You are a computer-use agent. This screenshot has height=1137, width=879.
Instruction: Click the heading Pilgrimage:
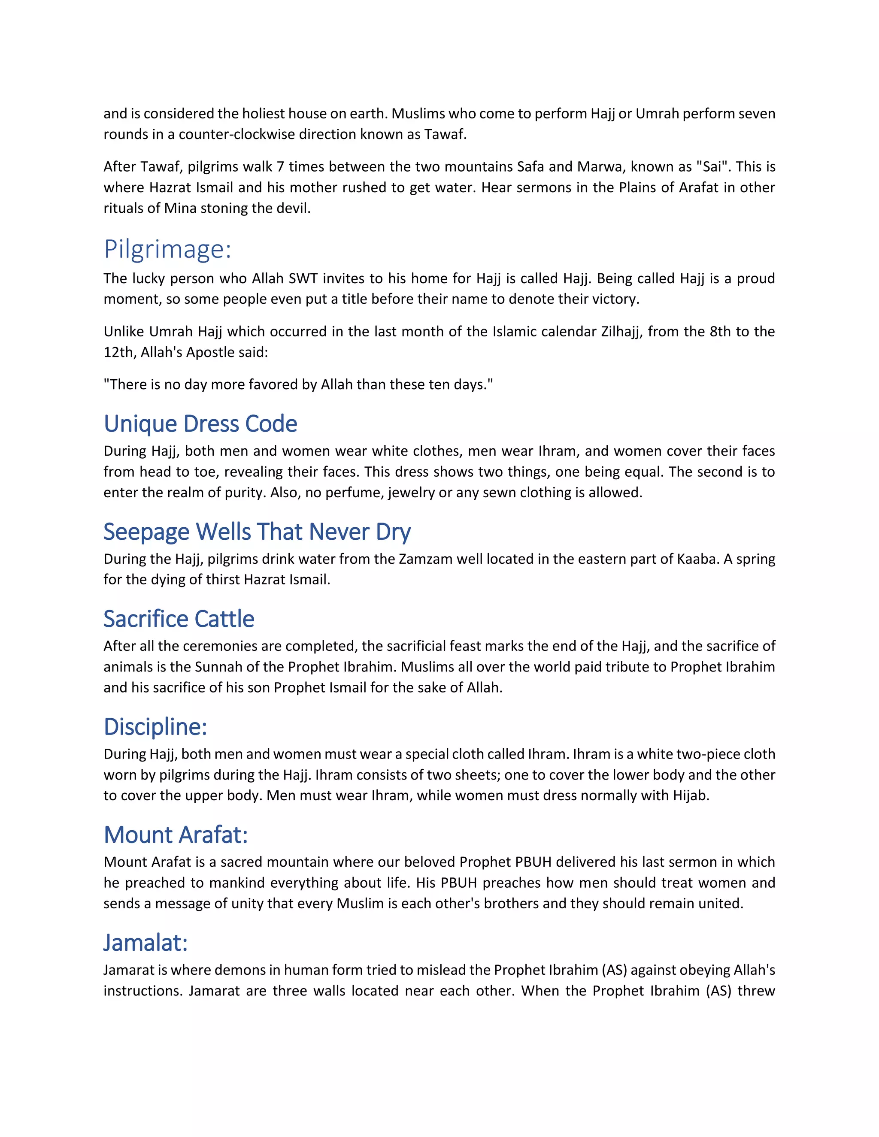click(x=167, y=249)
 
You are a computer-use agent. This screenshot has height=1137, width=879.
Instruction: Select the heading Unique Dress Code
click(x=200, y=424)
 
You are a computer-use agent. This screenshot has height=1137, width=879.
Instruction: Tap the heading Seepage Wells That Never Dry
click(x=257, y=532)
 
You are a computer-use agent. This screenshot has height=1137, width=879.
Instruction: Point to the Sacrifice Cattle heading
click(x=179, y=619)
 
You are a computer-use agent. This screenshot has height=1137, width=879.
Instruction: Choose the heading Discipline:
click(x=155, y=727)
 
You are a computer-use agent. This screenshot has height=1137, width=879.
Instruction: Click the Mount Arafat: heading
click(x=176, y=835)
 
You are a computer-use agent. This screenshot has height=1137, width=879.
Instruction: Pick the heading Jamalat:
click(x=145, y=943)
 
